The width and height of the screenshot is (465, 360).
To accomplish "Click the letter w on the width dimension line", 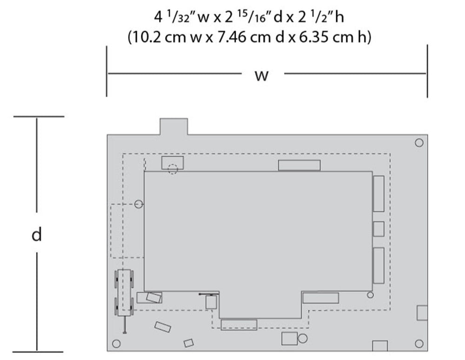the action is tap(261, 76).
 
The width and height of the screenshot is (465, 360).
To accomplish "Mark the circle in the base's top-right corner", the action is tap(419, 143).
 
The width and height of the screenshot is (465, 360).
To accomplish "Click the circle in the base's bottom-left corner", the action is tap(117, 344).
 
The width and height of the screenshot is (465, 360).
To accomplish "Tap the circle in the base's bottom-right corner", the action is tap(419, 344).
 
